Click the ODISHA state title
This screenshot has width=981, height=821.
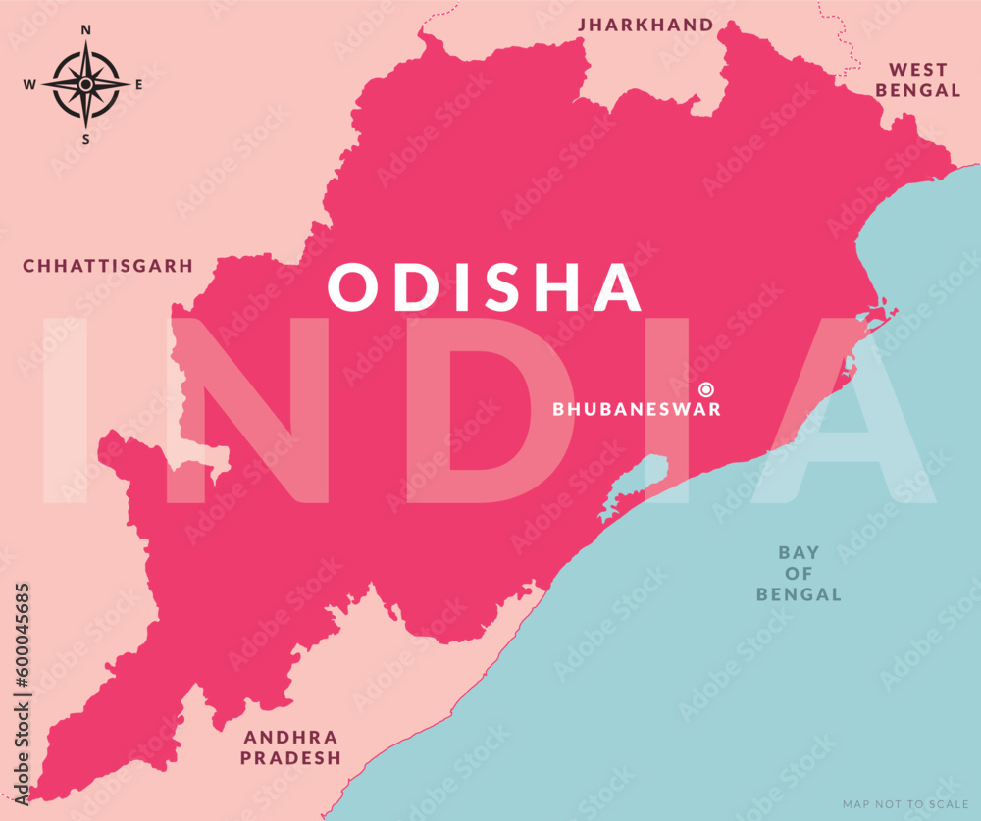pos(485,287)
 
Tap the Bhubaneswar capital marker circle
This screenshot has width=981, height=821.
pos(705,389)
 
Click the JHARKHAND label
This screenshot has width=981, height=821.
pos(645,24)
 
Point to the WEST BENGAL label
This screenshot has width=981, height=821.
pos(918,79)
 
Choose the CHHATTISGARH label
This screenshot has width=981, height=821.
pos(108,266)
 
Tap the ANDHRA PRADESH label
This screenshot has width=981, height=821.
pos(291,747)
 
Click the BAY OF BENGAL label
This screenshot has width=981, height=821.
pos(799,574)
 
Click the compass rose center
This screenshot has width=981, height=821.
pos(85,85)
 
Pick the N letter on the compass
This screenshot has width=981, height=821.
pos(85,30)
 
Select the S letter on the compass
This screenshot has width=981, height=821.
pos(85,139)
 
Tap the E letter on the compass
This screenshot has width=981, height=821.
pos(138,85)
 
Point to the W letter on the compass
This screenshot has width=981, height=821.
pos(29,85)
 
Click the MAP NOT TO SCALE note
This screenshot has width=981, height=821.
pos(904,804)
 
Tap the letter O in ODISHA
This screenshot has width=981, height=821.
pos(349,287)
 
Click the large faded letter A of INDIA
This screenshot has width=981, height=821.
pos(844,410)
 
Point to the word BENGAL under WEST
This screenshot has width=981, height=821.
pos(918,90)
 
